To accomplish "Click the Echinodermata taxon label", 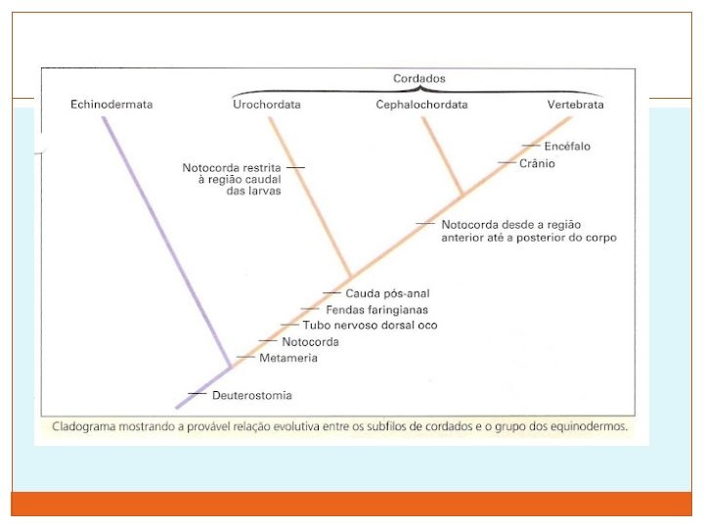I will point(111,105).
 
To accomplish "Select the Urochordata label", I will point(266,105).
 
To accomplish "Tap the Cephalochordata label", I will point(421,105).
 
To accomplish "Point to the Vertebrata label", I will point(575,105).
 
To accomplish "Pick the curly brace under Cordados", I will point(420,91).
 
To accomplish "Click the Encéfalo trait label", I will point(567,147).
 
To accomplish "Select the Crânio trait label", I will point(537,163).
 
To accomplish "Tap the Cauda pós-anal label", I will point(387,293).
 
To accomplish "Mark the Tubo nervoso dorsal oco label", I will point(370,326).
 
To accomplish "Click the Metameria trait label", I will point(288,359).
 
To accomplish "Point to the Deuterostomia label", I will point(252,395).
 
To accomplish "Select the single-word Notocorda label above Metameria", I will point(310,342).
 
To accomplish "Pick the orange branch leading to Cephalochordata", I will point(442,156).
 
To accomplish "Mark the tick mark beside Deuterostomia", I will point(197,394).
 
